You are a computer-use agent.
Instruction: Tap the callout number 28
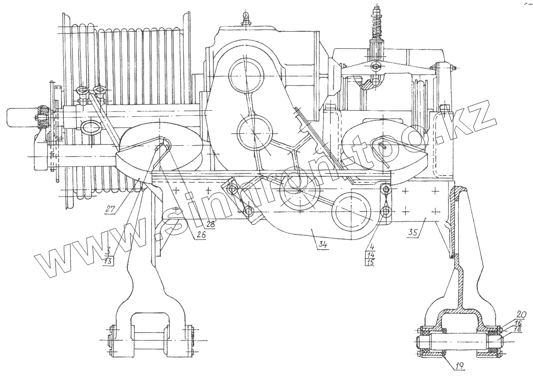point(211,224)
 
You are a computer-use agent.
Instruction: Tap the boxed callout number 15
point(370,262)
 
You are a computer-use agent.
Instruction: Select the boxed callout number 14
point(370,255)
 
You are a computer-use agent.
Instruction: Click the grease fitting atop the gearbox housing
point(245,18)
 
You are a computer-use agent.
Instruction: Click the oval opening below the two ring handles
point(91,128)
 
